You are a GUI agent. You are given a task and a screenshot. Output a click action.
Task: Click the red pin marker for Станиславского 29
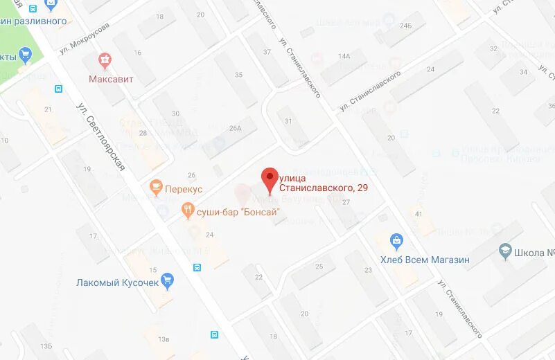tap(269, 179)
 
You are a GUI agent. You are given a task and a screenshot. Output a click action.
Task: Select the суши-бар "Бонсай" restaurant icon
tap(188, 211)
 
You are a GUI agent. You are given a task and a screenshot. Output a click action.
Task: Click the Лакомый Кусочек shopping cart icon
tap(167, 282)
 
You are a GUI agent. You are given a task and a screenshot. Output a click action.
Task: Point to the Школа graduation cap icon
tap(506, 253)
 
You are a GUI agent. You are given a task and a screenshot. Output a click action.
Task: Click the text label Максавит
tap(111, 79)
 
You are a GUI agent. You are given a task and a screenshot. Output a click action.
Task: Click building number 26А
tap(236, 127)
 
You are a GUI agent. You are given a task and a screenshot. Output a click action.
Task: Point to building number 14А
tap(344, 55)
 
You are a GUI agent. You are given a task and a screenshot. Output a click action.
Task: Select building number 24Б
tap(405, 26)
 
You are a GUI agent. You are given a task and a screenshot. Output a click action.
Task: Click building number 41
tap(418, 214)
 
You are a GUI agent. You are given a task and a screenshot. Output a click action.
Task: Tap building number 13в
tap(164, 339)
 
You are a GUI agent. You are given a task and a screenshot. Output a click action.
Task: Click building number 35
tap(239, 75)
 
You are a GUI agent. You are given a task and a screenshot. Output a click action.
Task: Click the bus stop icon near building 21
tap(58, 89)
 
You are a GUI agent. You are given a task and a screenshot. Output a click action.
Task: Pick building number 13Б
tap(46, 345)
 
